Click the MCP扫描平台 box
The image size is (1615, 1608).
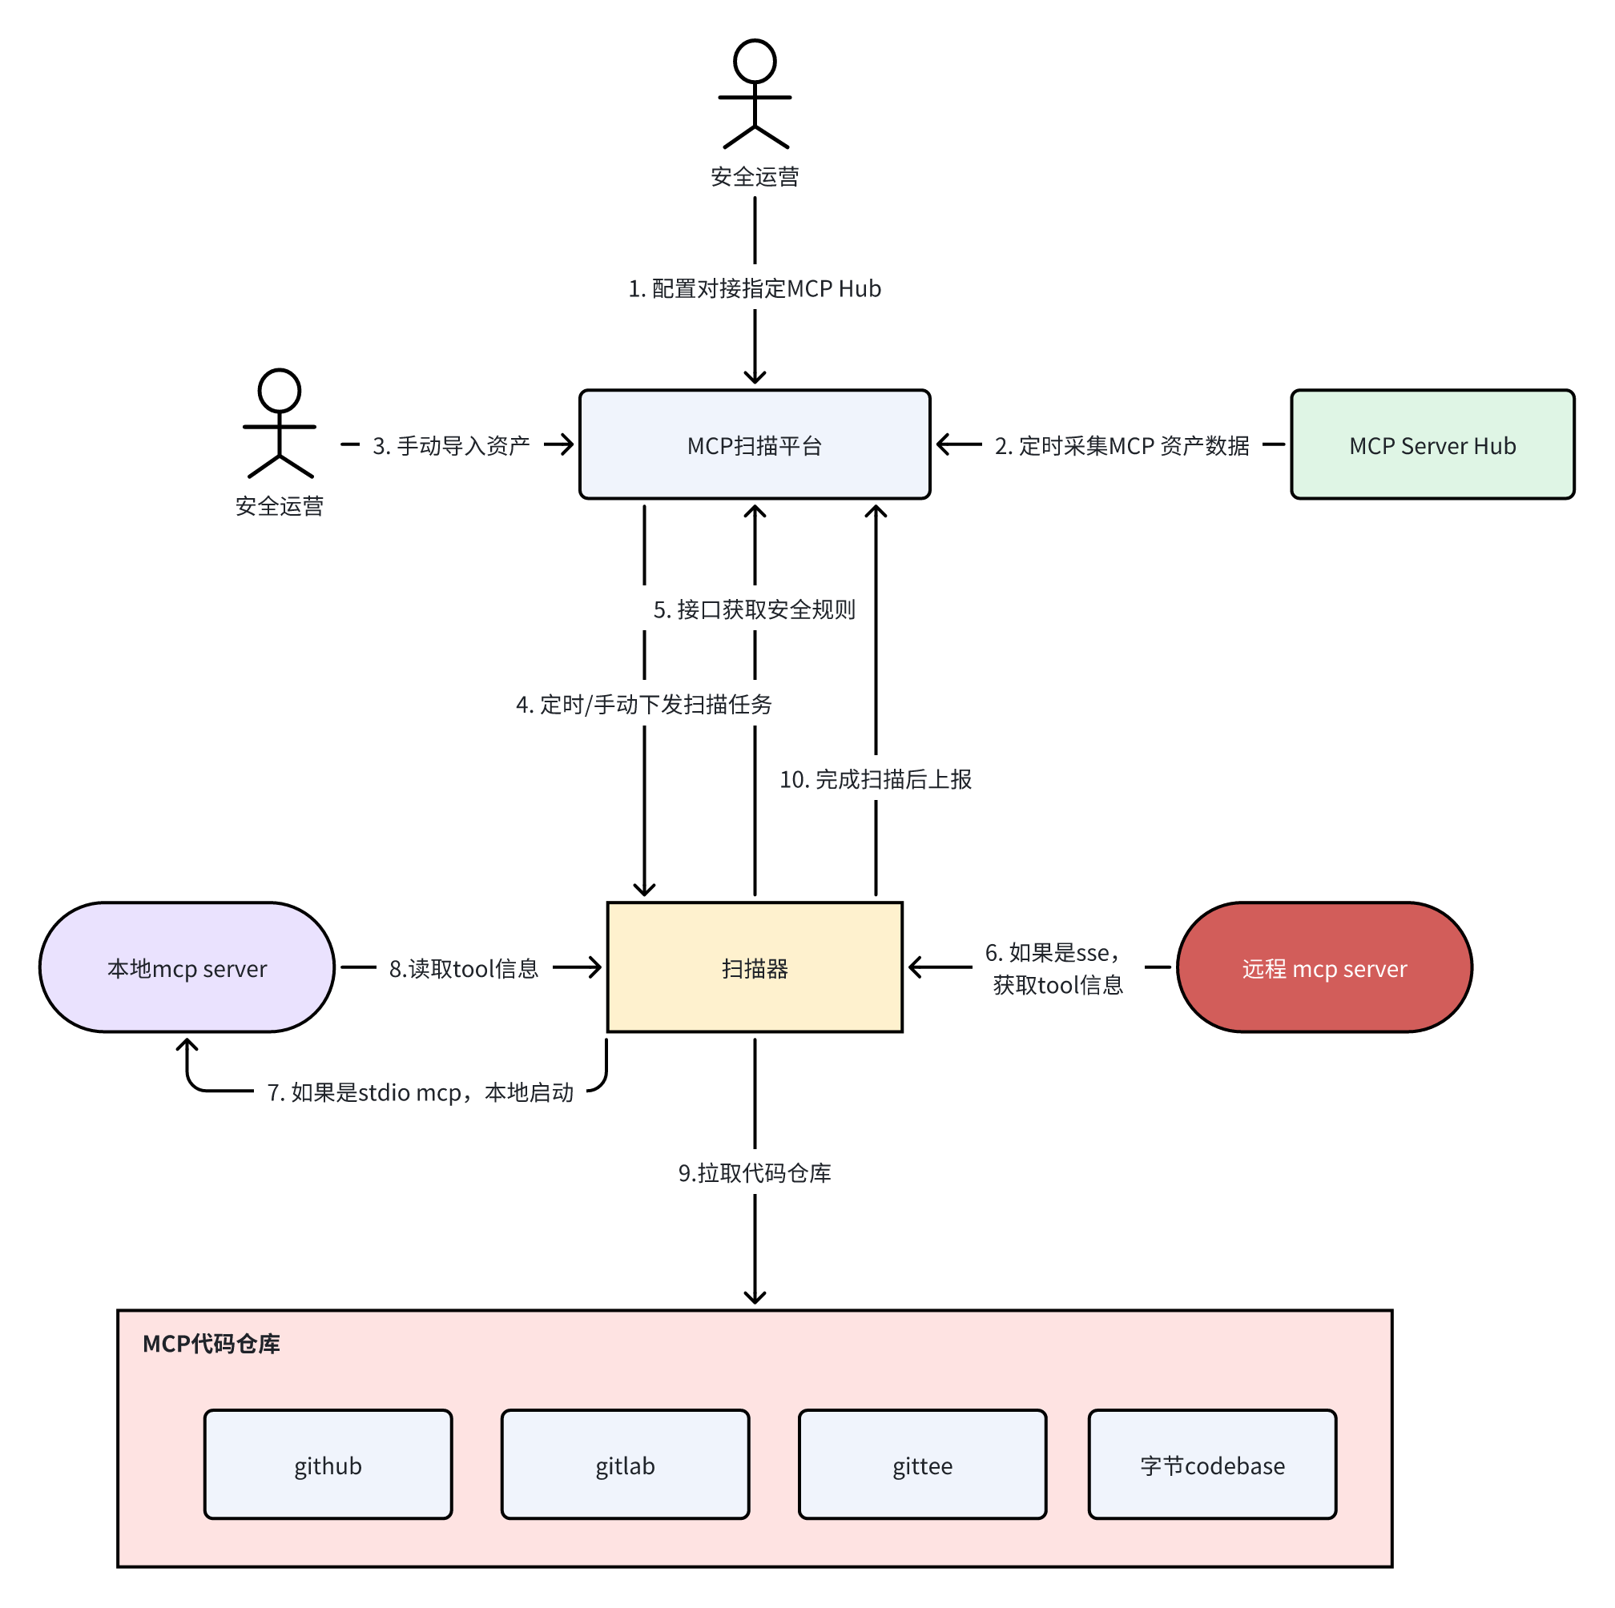coord(754,444)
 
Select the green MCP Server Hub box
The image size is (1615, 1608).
coord(1432,444)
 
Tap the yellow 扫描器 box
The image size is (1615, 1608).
coord(754,967)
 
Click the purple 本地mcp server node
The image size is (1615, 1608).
coord(187,967)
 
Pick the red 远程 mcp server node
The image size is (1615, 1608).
coord(1324,967)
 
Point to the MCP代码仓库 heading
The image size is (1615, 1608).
coord(211,1344)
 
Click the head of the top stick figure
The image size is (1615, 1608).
coord(755,61)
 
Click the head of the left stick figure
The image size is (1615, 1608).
coord(280,390)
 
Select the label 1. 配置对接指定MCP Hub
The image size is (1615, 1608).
coord(754,288)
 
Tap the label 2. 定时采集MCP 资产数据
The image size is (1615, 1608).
coord(1121,445)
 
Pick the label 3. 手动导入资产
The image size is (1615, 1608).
coord(450,445)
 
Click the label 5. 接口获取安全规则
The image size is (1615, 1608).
coord(754,609)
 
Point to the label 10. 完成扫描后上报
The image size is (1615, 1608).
coord(876,779)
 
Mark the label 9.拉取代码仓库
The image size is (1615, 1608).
coord(754,1172)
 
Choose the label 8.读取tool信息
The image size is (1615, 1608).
coord(464,969)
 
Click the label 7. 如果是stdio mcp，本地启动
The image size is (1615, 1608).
coord(420,1092)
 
